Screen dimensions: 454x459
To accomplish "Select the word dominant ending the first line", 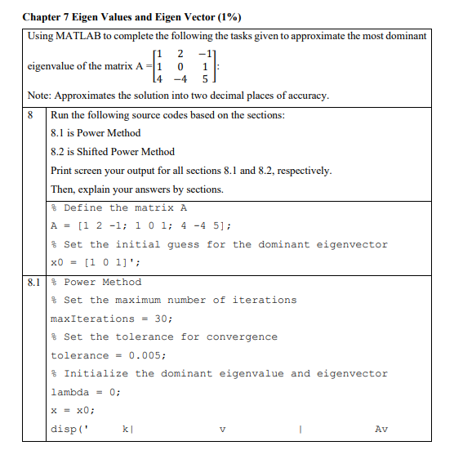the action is point(403,36).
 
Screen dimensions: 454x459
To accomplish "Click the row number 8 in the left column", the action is point(32,115).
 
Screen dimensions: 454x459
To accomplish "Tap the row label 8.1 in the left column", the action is point(33,282).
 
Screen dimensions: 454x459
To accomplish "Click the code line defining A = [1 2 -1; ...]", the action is point(131,226).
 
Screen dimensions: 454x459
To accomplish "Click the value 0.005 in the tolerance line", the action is point(147,355).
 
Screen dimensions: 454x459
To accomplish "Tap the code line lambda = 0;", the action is point(86,392).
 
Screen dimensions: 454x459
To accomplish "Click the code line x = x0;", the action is point(73,411).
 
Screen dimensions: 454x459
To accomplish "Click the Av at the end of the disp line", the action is point(381,430).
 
